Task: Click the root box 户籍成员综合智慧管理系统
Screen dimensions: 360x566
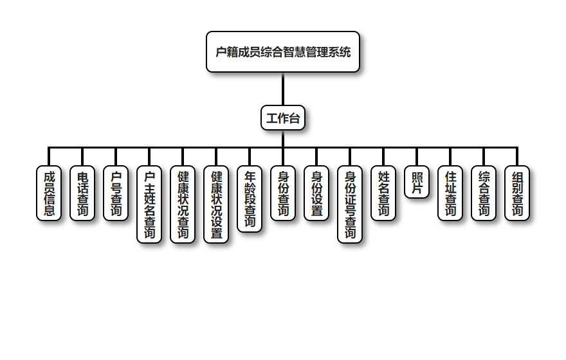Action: pos(283,52)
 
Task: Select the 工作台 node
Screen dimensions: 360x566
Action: pos(283,118)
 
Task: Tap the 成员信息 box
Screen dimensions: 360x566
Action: pos(49,193)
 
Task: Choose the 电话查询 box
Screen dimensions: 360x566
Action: pos(82,193)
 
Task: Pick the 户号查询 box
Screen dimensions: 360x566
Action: pos(116,193)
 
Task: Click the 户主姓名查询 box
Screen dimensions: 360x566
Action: pos(149,204)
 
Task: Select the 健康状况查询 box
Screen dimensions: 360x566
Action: pos(183,204)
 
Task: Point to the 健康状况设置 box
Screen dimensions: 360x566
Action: pos(216,204)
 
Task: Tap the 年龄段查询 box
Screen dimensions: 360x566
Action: pos(250,199)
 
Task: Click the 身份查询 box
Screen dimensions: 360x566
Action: pos(283,193)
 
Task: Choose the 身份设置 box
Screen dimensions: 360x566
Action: pos(316,193)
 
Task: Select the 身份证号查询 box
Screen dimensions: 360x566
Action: pos(350,204)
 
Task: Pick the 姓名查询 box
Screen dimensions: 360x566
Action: pos(383,193)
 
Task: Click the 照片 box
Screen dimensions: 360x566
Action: pos(417,182)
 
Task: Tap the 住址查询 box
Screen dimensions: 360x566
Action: pos(450,193)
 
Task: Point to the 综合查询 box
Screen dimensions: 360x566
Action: pos(484,193)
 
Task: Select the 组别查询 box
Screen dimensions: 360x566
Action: pos(517,193)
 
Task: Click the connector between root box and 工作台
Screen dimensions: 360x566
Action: pos(283,89)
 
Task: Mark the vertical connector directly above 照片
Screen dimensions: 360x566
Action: pos(417,157)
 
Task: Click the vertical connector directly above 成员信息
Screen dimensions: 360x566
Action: pos(49,157)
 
